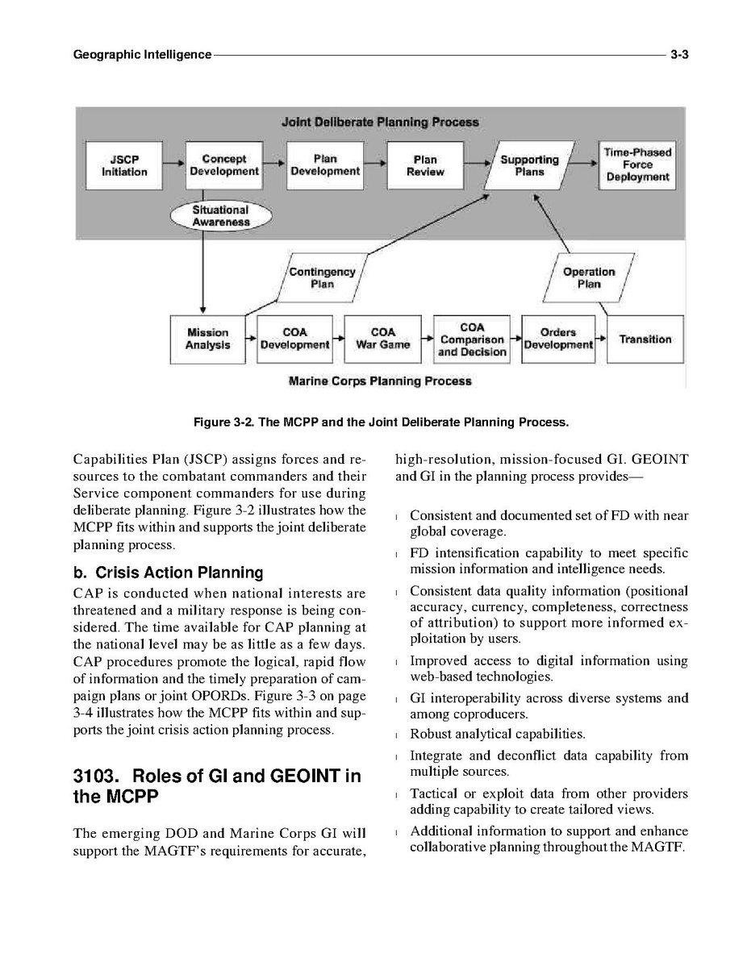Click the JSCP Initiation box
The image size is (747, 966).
124,165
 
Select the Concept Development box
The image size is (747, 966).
224,165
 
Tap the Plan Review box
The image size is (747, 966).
425,165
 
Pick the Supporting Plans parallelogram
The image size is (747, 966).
529,165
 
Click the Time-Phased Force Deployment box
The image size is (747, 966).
637,164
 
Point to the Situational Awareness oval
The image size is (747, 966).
221,216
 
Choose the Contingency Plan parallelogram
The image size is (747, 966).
322,278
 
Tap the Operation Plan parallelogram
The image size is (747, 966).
588,278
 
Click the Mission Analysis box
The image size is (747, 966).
207,339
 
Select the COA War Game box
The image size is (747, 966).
383,339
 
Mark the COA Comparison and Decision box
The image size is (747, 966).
472,339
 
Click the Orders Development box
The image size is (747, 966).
558,339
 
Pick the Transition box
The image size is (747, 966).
645,339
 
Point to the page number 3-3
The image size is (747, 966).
678,55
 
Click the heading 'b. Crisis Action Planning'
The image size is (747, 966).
168,573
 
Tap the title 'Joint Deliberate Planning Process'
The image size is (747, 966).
380,123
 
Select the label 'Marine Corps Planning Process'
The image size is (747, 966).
380,381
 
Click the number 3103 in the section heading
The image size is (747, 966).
96,777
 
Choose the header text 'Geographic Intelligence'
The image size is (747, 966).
142,55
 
